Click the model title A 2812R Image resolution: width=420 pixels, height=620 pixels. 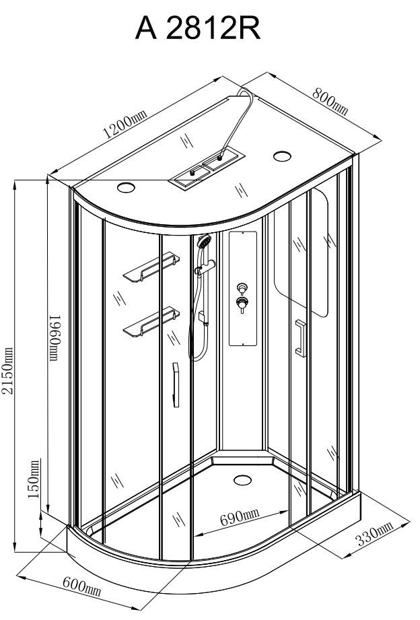click(x=198, y=28)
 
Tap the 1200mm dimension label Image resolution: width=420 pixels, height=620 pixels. click(x=124, y=123)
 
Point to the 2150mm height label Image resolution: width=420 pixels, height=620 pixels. click(x=7, y=371)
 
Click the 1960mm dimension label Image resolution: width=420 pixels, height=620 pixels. click(x=54, y=338)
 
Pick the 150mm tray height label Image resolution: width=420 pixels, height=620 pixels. click(x=34, y=479)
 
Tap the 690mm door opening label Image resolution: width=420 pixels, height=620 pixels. click(x=240, y=517)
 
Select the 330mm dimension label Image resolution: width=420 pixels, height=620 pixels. click(x=374, y=533)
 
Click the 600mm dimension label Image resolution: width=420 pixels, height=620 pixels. click(x=82, y=586)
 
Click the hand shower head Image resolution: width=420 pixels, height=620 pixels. click(x=204, y=241)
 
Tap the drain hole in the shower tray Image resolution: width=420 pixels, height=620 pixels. click(x=242, y=480)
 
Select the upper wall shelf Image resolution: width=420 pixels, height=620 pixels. click(x=151, y=267)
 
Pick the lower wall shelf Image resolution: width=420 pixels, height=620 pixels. click(x=151, y=322)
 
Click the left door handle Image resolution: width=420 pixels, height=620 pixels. click(x=176, y=385)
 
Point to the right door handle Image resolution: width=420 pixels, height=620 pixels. click(x=301, y=338)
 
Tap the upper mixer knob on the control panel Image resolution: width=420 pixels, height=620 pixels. click(x=242, y=287)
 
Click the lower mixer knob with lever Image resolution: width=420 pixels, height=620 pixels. click(x=242, y=304)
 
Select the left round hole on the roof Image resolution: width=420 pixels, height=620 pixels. click(x=126, y=187)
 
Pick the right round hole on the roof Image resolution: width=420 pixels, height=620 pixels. click(x=283, y=156)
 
